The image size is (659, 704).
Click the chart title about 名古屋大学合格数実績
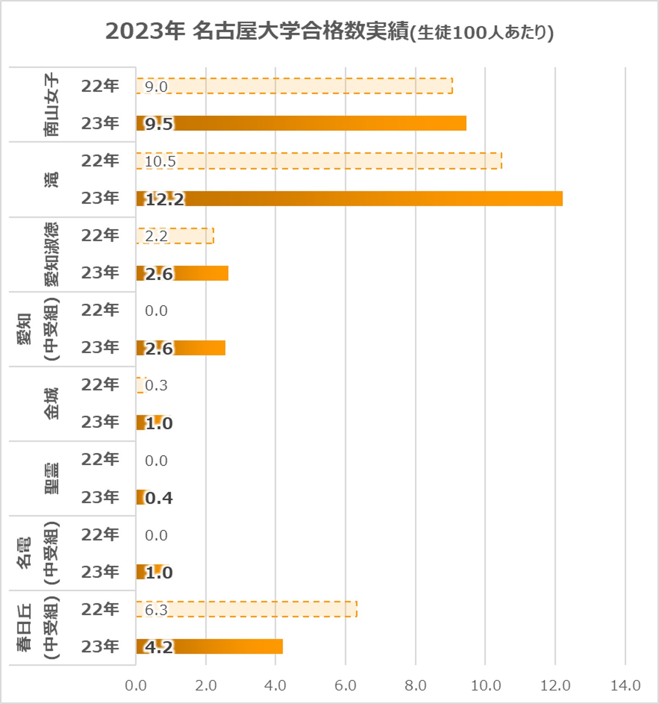(x=329, y=32)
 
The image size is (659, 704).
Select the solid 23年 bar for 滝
(x=369, y=199)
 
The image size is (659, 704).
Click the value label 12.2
(x=165, y=199)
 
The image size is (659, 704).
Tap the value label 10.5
(x=160, y=162)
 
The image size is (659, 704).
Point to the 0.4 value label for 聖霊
(x=159, y=498)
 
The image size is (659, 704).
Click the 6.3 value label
(x=156, y=610)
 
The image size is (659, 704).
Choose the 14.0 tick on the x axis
(x=625, y=686)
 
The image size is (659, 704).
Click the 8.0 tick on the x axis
(x=415, y=686)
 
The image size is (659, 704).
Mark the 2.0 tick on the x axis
(x=206, y=686)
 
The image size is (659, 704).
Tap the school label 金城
(x=52, y=403)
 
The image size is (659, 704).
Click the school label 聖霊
(x=52, y=478)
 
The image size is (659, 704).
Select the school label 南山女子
(x=52, y=104)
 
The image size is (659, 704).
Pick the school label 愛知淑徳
(x=52, y=254)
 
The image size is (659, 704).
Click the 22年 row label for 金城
(x=100, y=385)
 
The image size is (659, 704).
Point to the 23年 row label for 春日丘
(x=100, y=646)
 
